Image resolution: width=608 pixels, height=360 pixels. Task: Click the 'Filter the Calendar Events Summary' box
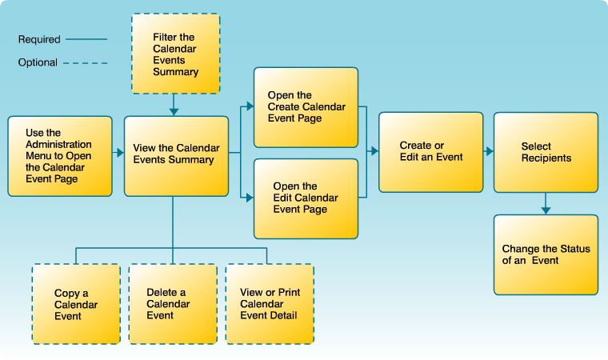click(x=175, y=54)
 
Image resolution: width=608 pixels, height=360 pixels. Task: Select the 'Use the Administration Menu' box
click(x=60, y=156)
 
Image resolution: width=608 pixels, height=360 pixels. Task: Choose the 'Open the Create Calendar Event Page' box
click(x=306, y=107)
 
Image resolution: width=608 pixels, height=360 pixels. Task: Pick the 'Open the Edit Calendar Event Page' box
click(x=306, y=198)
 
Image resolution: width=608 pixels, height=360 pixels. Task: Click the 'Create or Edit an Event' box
click(x=430, y=152)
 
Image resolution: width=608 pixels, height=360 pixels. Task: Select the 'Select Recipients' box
click(x=546, y=152)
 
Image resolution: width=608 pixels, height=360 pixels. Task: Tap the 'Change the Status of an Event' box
click(x=546, y=254)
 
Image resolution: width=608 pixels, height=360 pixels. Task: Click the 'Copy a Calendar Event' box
click(x=76, y=304)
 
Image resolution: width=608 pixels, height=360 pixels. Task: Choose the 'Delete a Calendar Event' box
click(x=173, y=304)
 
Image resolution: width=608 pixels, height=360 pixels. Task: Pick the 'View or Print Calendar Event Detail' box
click(x=270, y=304)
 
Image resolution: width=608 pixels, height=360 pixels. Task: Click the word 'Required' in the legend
click(x=38, y=38)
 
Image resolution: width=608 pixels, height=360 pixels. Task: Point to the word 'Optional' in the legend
click(x=38, y=62)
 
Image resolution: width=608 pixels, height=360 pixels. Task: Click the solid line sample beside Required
click(x=86, y=38)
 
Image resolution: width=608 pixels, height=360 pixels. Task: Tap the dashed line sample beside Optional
click(x=86, y=62)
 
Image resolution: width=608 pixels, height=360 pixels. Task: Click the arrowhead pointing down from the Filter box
click(x=174, y=110)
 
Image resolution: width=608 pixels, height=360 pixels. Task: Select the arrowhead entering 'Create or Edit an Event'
click(x=374, y=150)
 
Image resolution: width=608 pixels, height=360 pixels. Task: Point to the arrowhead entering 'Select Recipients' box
click(x=489, y=150)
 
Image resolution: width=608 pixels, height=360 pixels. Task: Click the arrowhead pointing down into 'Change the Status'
click(x=546, y=210)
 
